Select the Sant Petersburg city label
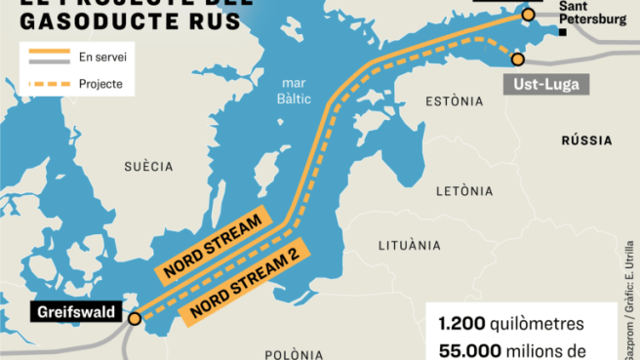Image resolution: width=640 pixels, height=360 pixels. click(592, 13)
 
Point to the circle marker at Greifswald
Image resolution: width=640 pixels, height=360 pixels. click(135, 317)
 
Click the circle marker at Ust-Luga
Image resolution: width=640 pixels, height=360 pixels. click(517, 60)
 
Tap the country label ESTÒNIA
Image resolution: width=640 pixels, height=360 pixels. click(455, 101)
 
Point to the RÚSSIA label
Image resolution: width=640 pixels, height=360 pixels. click(585, 140)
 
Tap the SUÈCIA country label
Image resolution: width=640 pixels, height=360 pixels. click(148, 166)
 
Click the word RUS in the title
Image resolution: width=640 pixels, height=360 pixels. click(205, 19)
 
